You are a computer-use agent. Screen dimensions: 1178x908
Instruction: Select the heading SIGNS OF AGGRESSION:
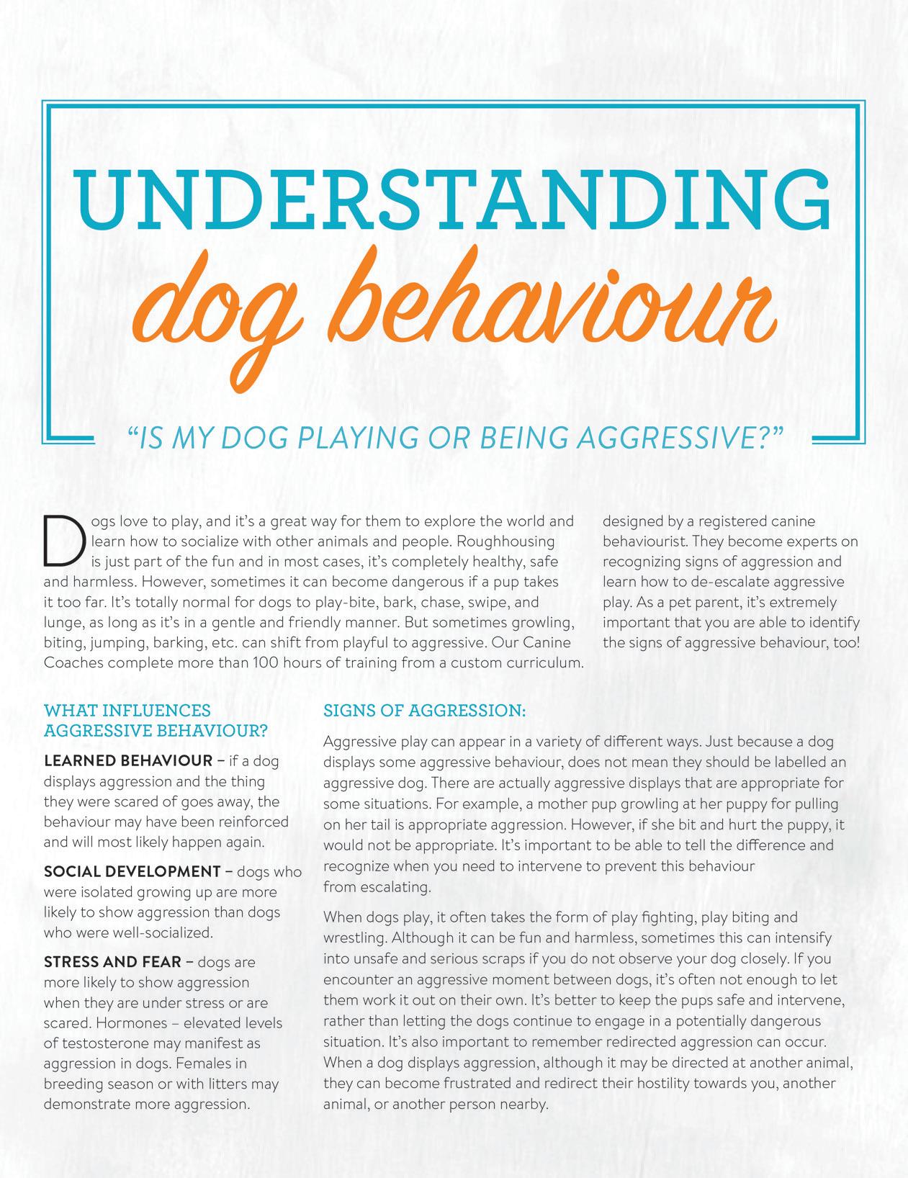coord(425,711)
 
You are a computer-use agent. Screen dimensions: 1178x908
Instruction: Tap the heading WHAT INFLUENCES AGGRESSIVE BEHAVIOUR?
coord(156,721)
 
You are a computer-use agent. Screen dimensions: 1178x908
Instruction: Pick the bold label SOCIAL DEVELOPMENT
coord(132,872)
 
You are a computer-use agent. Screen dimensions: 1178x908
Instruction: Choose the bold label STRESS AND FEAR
coord(114,962)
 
